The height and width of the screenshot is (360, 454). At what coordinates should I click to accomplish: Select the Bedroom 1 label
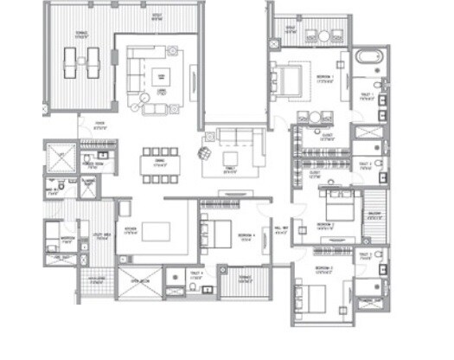325,77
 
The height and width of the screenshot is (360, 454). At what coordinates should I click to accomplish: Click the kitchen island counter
157,231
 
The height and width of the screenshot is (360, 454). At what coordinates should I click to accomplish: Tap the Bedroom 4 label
246,235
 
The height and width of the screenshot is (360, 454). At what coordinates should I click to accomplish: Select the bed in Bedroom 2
335,206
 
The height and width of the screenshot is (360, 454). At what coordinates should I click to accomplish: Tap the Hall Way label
278,230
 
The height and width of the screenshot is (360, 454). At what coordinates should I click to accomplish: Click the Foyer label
100,125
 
